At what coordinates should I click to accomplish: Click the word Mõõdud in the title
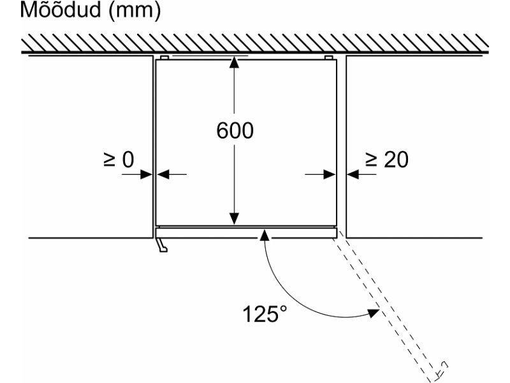tap(61, 10)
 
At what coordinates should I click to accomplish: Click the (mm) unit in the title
tap(135, 11)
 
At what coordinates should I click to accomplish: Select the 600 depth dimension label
tap(235, 131)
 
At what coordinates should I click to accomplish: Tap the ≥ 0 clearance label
tap(119, 160)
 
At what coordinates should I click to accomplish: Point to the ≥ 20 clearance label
tap(387, 160)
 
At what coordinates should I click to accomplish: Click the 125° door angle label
tap(265, 314)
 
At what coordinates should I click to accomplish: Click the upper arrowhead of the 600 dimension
tap(234, 62)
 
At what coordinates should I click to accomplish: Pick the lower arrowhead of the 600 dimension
tap(234, 218)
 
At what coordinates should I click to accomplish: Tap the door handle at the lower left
tap(162, 245)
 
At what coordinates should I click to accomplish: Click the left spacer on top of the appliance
tap(164, 58)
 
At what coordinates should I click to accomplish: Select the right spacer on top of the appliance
tap(328, 58)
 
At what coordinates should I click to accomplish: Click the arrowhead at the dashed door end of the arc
tap(374, 313)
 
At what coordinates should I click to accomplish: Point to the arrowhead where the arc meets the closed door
tap(265, 234)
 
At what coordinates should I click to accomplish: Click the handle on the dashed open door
tap(442, 368)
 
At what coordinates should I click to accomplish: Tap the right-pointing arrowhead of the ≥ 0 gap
tap(147, 174)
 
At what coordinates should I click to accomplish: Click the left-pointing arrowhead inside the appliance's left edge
tap(163, 174)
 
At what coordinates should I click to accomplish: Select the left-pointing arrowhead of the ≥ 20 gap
tap(353, 174)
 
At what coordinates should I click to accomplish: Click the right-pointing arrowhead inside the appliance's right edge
tap(330, 174)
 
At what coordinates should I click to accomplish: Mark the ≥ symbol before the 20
tap(371, 160)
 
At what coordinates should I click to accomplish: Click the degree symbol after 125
tap(283, 308)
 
